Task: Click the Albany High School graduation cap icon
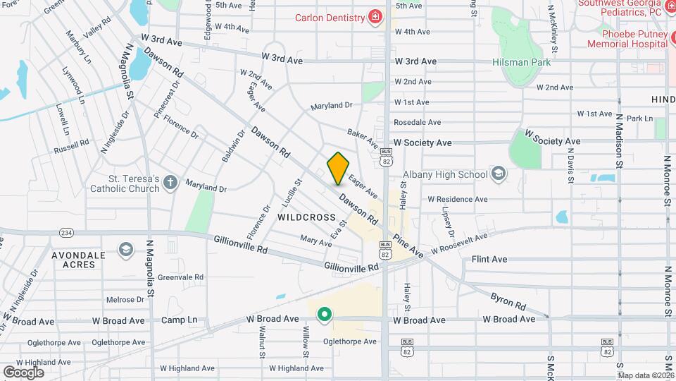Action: pyautogui.click(x=499, y=174)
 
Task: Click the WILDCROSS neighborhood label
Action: pyautogui.click(x=306, y=217)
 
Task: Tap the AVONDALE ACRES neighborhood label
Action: pyautogui.click(x=78, y=260)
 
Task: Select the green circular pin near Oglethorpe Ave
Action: pyautogui.click(x=324, y=313)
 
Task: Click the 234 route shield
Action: pyautogui.click(x=67, y=232)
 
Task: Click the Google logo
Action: pyautogui.click(x=23, y=372)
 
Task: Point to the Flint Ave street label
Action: pyautogui.click(x=489, y=260)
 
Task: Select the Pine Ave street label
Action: pyautogui.click(x=408, y=245)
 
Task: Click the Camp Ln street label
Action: pyautogui.click(x=179, y=320)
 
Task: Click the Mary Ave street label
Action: pyautogui.click(x=315, y=242)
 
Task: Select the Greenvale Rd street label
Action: pyautogui.click(x=180, y=277)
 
